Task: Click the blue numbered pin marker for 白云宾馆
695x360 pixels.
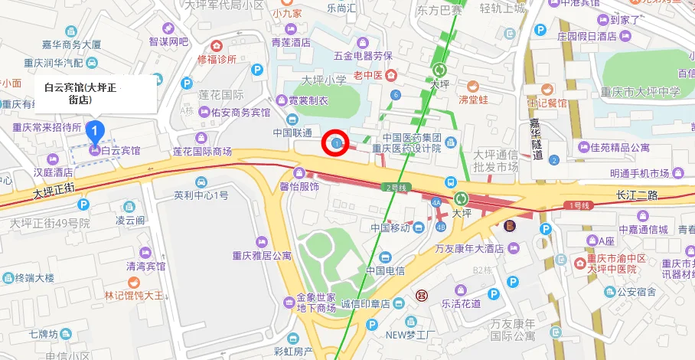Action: pos(94,131)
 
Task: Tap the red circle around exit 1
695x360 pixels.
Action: pos(336,142)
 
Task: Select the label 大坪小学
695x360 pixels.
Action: pos(324,80)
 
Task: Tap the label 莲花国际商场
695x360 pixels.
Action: pos(202,151)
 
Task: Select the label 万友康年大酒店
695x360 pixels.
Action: pos(468,248)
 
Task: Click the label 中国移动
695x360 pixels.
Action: pos(390,227)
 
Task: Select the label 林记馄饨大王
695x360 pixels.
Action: pos(134,295)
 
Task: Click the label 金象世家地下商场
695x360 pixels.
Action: pos(316,303)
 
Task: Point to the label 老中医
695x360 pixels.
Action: pos(368,74)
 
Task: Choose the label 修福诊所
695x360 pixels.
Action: pos(217,58)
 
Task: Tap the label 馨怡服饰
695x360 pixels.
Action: pos(299,186)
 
